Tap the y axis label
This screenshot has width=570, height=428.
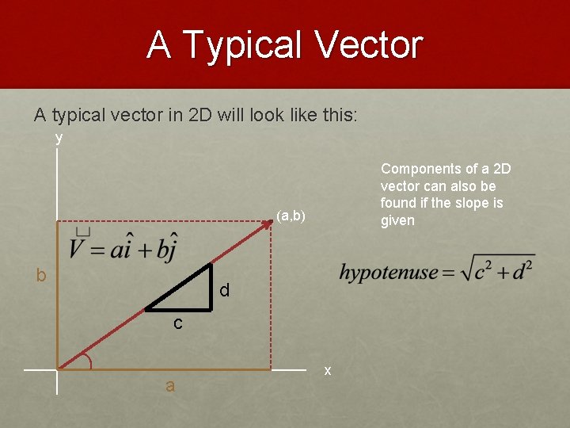tap(59, 138)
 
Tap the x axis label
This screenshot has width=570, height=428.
tap(327, 370)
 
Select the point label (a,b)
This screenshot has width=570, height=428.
tap(291, 215)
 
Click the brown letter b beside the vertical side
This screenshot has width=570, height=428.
tap(41, 275)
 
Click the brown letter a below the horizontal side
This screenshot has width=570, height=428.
tap(170, 386)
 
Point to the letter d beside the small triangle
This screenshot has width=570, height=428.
tap(225, 291)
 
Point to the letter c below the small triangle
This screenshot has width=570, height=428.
tap(178, 323)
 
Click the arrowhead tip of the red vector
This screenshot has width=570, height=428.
tap(271, 223)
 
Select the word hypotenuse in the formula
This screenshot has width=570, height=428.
tap(388, 273)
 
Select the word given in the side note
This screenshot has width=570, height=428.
tap(397, 220)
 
